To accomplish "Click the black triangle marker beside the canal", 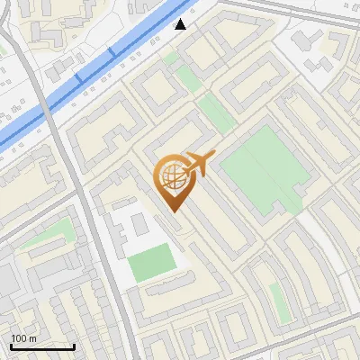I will (181, 24).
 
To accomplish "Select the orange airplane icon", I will (200, 164).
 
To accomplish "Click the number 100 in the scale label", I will (19, 338).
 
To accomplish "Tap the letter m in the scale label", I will (32, 338).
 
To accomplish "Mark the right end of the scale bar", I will (75, 346).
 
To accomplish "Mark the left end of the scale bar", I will (11, 346).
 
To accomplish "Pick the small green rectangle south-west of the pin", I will (150, 262).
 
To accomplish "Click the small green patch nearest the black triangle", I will (171, 58).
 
